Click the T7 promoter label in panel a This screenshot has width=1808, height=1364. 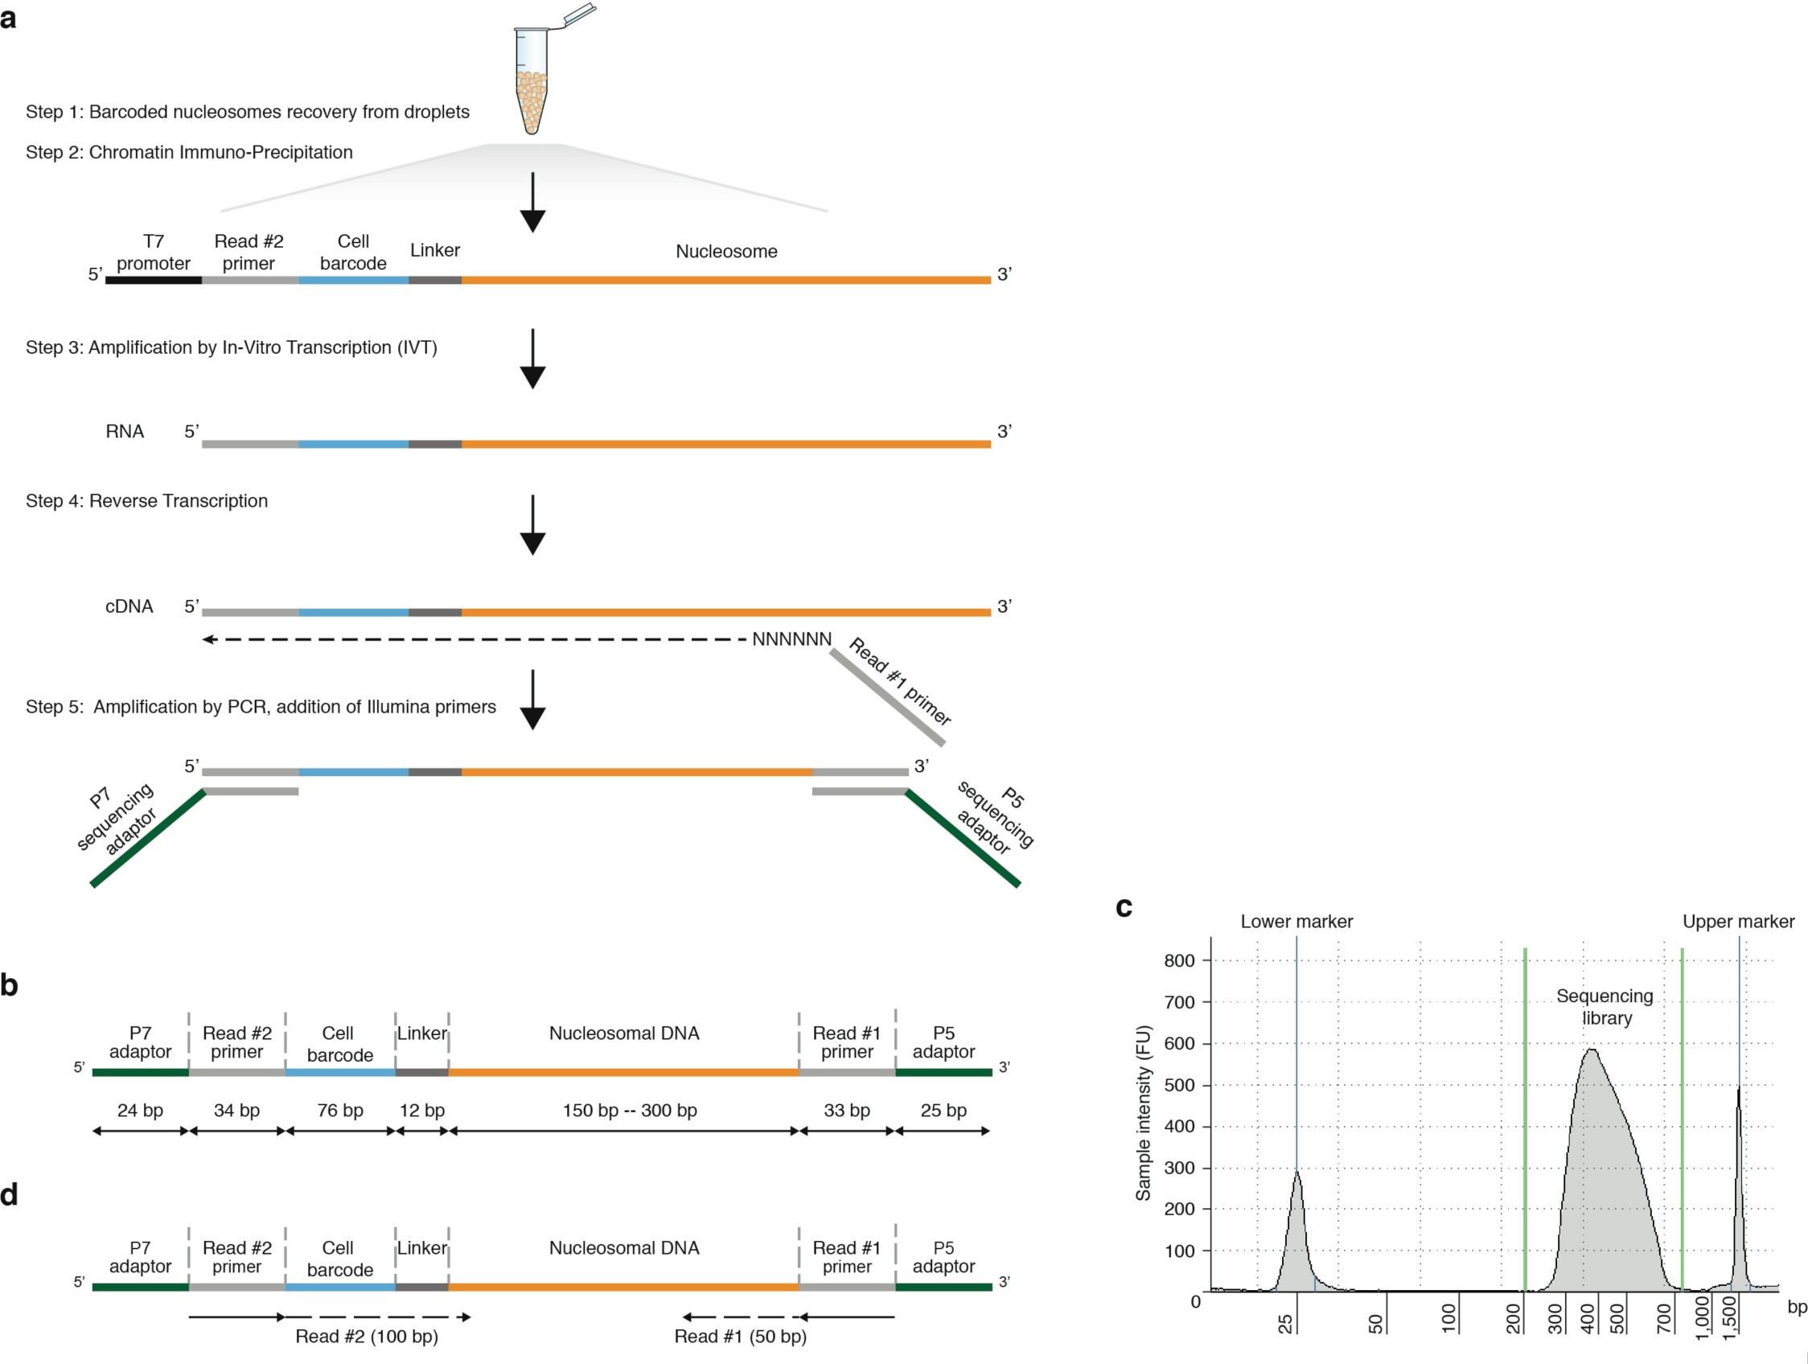(153, 252)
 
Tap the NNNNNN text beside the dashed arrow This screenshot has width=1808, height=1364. (791, 639)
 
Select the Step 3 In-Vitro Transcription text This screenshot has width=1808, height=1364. (232, 347)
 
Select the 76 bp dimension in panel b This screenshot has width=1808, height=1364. (340, 1110)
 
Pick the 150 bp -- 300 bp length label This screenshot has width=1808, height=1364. (630, 1110)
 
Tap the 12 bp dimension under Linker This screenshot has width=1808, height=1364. (421, 1110)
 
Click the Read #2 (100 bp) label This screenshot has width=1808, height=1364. (366, 1335)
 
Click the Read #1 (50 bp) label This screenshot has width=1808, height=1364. (740, 1335)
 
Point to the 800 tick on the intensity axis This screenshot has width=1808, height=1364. (1178, 960)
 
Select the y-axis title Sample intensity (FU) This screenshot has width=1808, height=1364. (1143, 1112)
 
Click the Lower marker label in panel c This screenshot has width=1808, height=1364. (1296, 921)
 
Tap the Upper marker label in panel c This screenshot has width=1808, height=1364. (1738, 921)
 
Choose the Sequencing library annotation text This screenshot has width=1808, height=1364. (1605, 1007)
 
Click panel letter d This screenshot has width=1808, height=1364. (10, 1195)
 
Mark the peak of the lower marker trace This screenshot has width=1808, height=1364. (1296, 1172)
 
